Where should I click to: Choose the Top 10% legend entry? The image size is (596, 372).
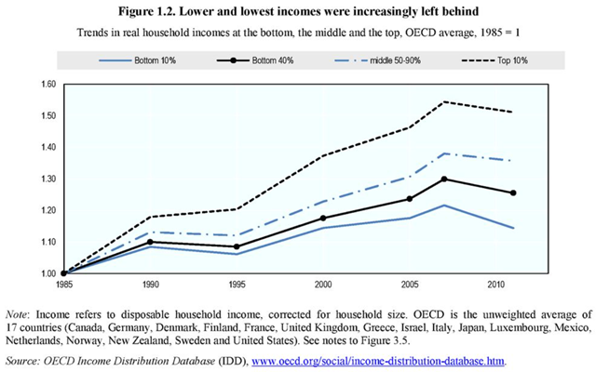[x=494, y=61]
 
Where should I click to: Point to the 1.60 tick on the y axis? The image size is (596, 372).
[x=45, y=84]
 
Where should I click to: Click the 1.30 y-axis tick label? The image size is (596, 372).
[x=45, y=179]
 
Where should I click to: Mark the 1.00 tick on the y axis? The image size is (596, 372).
[x=45, y=273]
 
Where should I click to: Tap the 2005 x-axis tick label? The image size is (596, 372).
[x=408, y=283]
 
